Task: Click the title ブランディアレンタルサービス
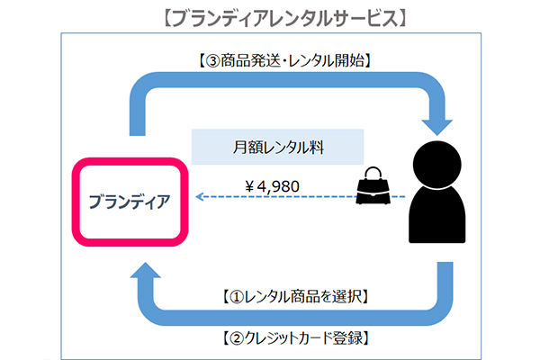pyautogui.click(x=284, y=18)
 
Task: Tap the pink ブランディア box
pyautogui.click(x=130, y=202)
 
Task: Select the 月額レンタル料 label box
pyautogui.click(x=277, y=147)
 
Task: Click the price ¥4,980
pyautogui.click(x=272, y=186)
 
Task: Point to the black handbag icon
pyautogui.click(x=373, y=185)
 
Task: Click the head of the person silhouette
pyautogui.click(x=437, y=165)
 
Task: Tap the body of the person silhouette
pyautogui.click(x=437, y=214)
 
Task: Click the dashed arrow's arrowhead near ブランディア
pyautogui.click(x=199, y=197)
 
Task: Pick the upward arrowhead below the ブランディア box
pyautogui.click(x=145, y=270)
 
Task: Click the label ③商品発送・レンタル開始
pyautogui.click(x=284, y=61)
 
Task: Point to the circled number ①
pyautogui.click(x=238, y=297)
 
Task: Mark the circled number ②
pyautogui.click(x=238, y=338)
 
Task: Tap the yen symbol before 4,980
pyautogui.click(x=250, y=186)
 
